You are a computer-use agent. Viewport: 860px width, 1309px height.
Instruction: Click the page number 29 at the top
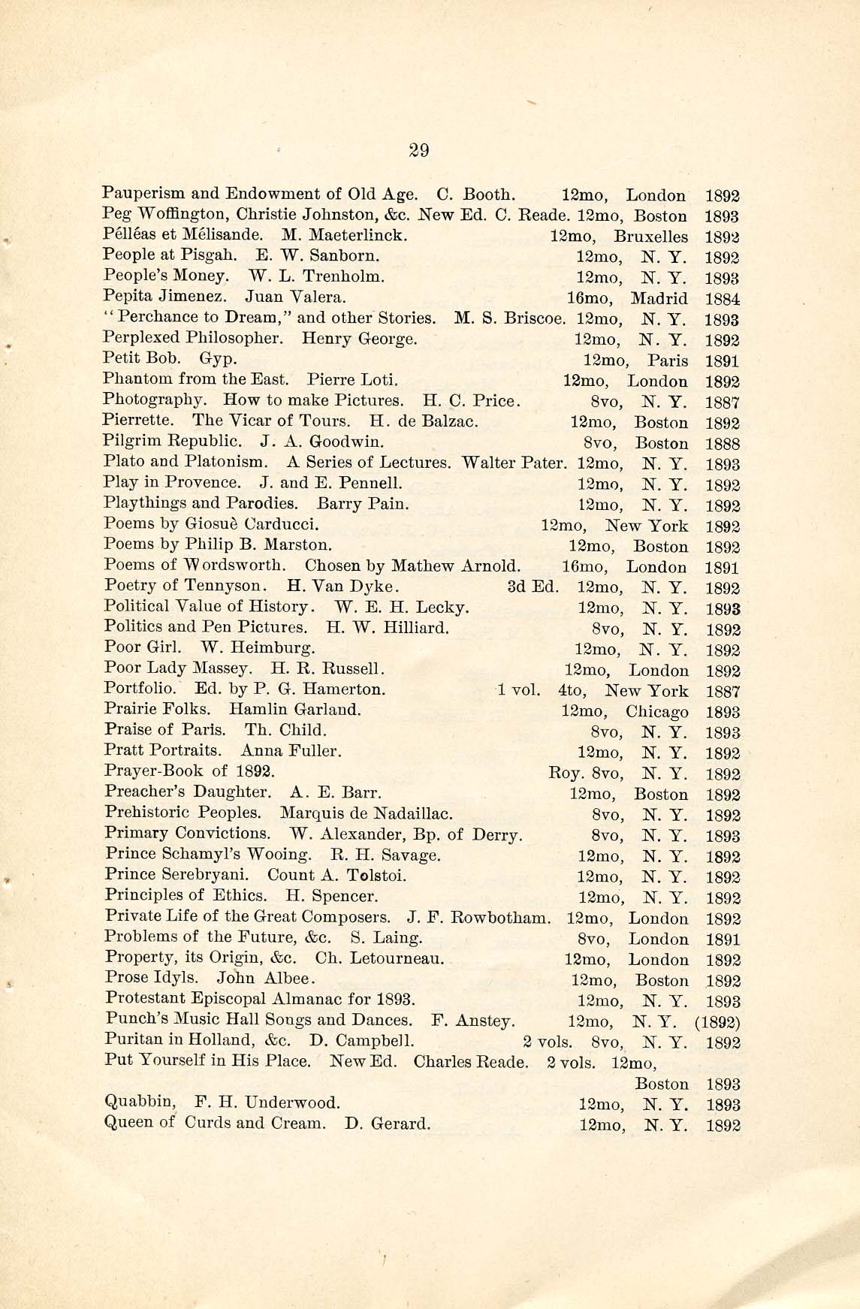418,150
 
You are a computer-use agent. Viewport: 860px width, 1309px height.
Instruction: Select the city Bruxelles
650,237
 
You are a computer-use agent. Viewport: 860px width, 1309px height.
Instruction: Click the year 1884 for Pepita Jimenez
723,299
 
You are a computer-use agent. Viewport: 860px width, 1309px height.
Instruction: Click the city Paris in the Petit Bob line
668,360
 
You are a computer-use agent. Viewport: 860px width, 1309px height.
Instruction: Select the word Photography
152,400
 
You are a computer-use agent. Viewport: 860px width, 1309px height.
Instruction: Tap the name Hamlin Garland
294,709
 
